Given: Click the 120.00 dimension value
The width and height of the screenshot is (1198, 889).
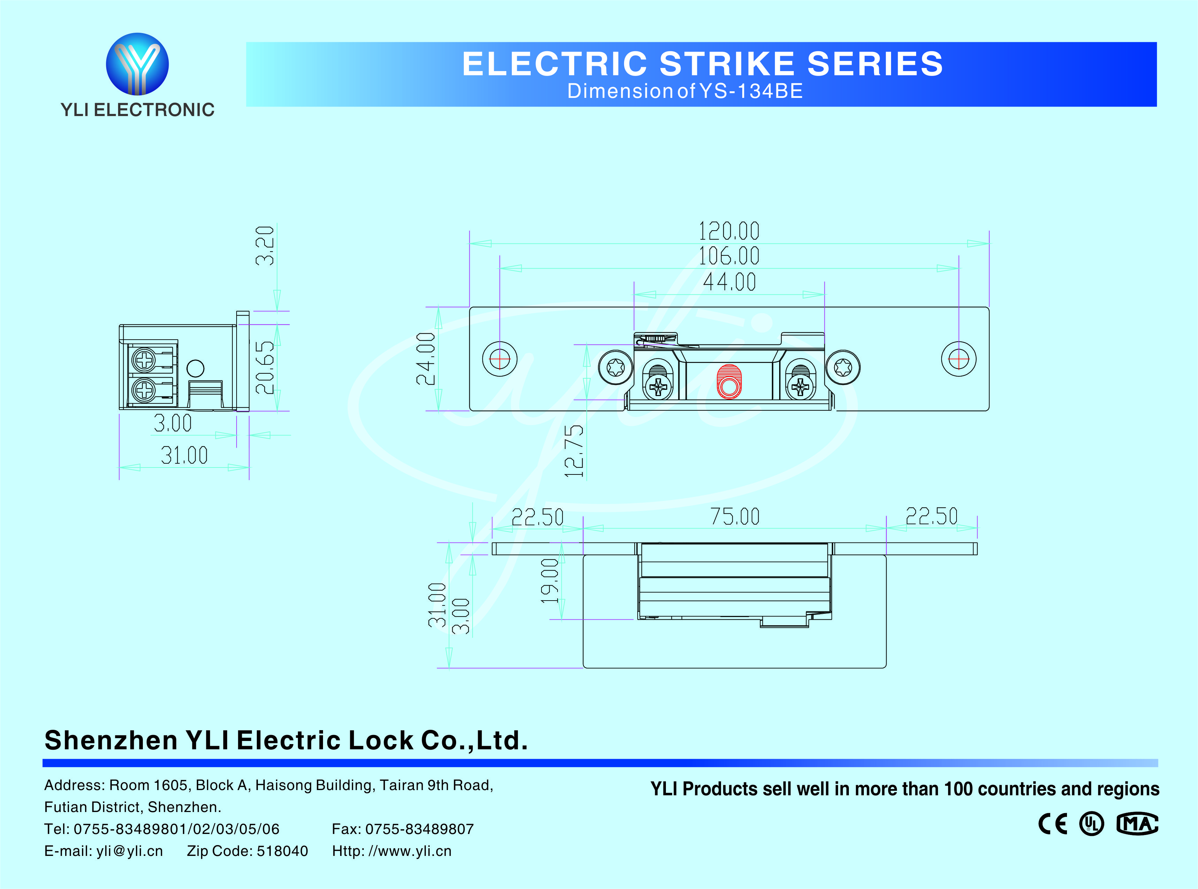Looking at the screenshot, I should click(x=729, y=231).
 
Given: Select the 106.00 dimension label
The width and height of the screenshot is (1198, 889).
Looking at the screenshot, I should click(x=729, y=256).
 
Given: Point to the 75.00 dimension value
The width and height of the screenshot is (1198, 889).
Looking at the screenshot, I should click(x=735, y=517).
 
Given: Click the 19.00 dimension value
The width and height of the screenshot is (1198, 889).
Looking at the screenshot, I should click(x=550, y=581).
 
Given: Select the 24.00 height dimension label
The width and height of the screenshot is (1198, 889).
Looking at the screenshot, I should click(x=426, y=359).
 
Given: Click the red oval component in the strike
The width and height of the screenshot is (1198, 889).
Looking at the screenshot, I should click(x=729, y=381).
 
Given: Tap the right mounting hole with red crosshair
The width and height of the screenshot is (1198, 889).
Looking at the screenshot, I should click(x=959, y=359).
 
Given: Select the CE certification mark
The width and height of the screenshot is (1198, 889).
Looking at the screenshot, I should click(x=1053, y=824).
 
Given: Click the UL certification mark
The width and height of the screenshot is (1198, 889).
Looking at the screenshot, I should click(x=1091, y=824).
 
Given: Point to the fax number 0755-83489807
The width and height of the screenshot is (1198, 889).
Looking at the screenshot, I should click(x=419, y=829).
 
